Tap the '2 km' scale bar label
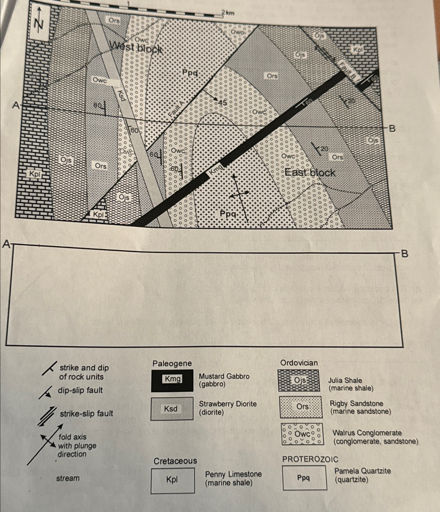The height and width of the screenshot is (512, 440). pos(228,13)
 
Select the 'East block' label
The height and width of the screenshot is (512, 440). pos(310,172)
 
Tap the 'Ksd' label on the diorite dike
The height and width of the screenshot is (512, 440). pos(122,95)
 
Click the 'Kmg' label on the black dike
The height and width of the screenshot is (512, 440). pos(216,170)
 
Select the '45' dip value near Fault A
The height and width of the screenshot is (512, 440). pos(222,103)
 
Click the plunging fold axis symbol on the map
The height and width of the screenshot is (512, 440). pos(239,194)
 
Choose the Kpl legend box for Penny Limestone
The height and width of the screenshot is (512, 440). pos(173,480)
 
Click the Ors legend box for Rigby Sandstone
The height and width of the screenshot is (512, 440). pos(300,407)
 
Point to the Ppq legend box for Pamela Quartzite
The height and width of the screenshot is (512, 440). pos(304,478)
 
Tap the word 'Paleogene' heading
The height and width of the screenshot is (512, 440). pos(172,363)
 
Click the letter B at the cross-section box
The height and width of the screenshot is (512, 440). pos(404,254)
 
